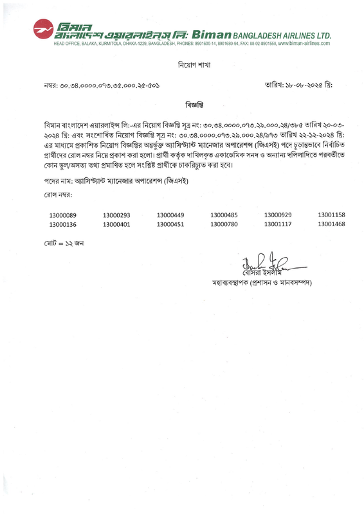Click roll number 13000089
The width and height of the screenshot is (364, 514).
pyautogui.click(x=62, y=214)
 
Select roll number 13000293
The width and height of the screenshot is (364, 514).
pyautogui.click(x=116, y=214)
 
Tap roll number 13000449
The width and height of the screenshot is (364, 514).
pyautogui.click(x=170, y=214)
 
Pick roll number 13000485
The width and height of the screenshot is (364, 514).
pyautogui.click(x=224, y=214)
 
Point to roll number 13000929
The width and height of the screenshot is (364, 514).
pyautogui.click(x=278, y=214)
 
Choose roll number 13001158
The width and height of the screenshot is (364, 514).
pyautogui.click(x=332, y=214)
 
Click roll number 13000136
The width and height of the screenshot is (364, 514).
pyautogui.click(x=62, y=224)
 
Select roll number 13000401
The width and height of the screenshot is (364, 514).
pyautogui.click(x=116, y=224)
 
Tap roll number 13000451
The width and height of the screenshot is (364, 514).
pyautogui.click(x=170, y=224)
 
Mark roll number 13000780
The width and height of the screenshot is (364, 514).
pyautogui.click(x=224, y=224)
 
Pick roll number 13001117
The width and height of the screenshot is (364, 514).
pyautogui.click(x=278, y=224)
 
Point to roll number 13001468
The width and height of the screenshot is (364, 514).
pyautogui.click(x=332, y=224)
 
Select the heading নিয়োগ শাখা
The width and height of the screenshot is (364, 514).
pyautogui.click(x=194, y=65)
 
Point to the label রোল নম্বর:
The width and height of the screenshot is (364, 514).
pyautogui.click(x=58, y=194)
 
